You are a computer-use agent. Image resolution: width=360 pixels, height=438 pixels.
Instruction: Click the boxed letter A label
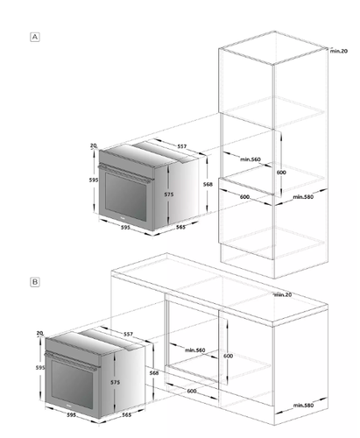pos(35,37)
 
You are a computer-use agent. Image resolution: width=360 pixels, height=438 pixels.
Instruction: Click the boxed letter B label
pos(35,282)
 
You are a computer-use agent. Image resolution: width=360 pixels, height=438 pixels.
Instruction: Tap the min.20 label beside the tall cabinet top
pos(339,51)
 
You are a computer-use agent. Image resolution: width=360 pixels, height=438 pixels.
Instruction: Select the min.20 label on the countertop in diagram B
pos(283,294)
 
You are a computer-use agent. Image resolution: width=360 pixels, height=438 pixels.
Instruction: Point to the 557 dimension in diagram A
pos(181,146)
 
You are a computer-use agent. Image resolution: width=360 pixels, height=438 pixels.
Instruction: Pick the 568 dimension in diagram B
pos(154,373)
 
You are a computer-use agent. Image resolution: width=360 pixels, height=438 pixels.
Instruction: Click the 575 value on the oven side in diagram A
pos(169,194)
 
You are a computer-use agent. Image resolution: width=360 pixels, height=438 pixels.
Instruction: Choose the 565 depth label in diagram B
pos(126,415)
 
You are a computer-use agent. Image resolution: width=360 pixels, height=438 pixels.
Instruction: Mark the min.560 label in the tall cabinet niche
pos(251,159)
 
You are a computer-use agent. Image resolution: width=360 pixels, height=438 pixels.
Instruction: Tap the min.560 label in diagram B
pos(195,350)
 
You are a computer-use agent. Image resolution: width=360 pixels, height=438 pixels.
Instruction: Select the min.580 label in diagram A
pos(303,197)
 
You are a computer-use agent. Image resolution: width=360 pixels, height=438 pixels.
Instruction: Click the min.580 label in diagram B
pos(303,406)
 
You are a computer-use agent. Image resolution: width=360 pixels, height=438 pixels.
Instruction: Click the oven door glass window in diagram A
pos(125,197)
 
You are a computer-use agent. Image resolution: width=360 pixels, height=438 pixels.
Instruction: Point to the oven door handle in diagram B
pos(71,361)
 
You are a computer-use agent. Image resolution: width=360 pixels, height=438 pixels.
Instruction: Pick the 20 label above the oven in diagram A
pos(94,145)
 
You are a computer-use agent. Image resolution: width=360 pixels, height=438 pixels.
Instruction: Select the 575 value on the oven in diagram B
pos(115,382)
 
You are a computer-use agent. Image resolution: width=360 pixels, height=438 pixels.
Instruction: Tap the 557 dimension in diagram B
pos(128,334)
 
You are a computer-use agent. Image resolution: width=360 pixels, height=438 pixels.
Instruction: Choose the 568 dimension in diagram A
pos(208,184)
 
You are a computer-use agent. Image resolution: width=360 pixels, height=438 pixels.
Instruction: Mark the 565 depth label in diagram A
pos(180,227)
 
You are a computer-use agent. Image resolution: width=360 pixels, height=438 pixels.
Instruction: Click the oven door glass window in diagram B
pos(72,385)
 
